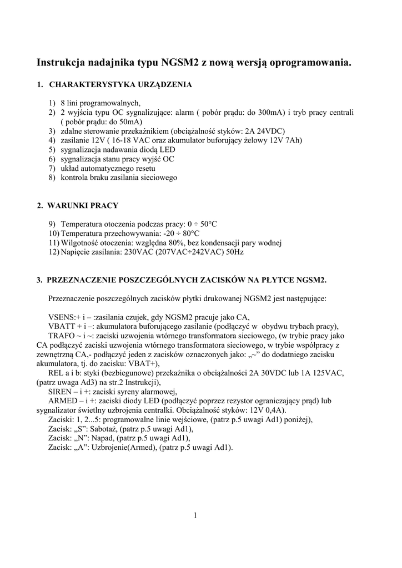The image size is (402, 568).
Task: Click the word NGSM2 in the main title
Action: pos(179,63)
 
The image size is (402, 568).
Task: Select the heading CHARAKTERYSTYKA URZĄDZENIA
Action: pos(120,85)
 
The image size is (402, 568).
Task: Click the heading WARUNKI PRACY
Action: pos(83,205)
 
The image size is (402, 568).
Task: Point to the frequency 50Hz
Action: pos(233,252)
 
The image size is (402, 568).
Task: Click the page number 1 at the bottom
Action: pos(195,516)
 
